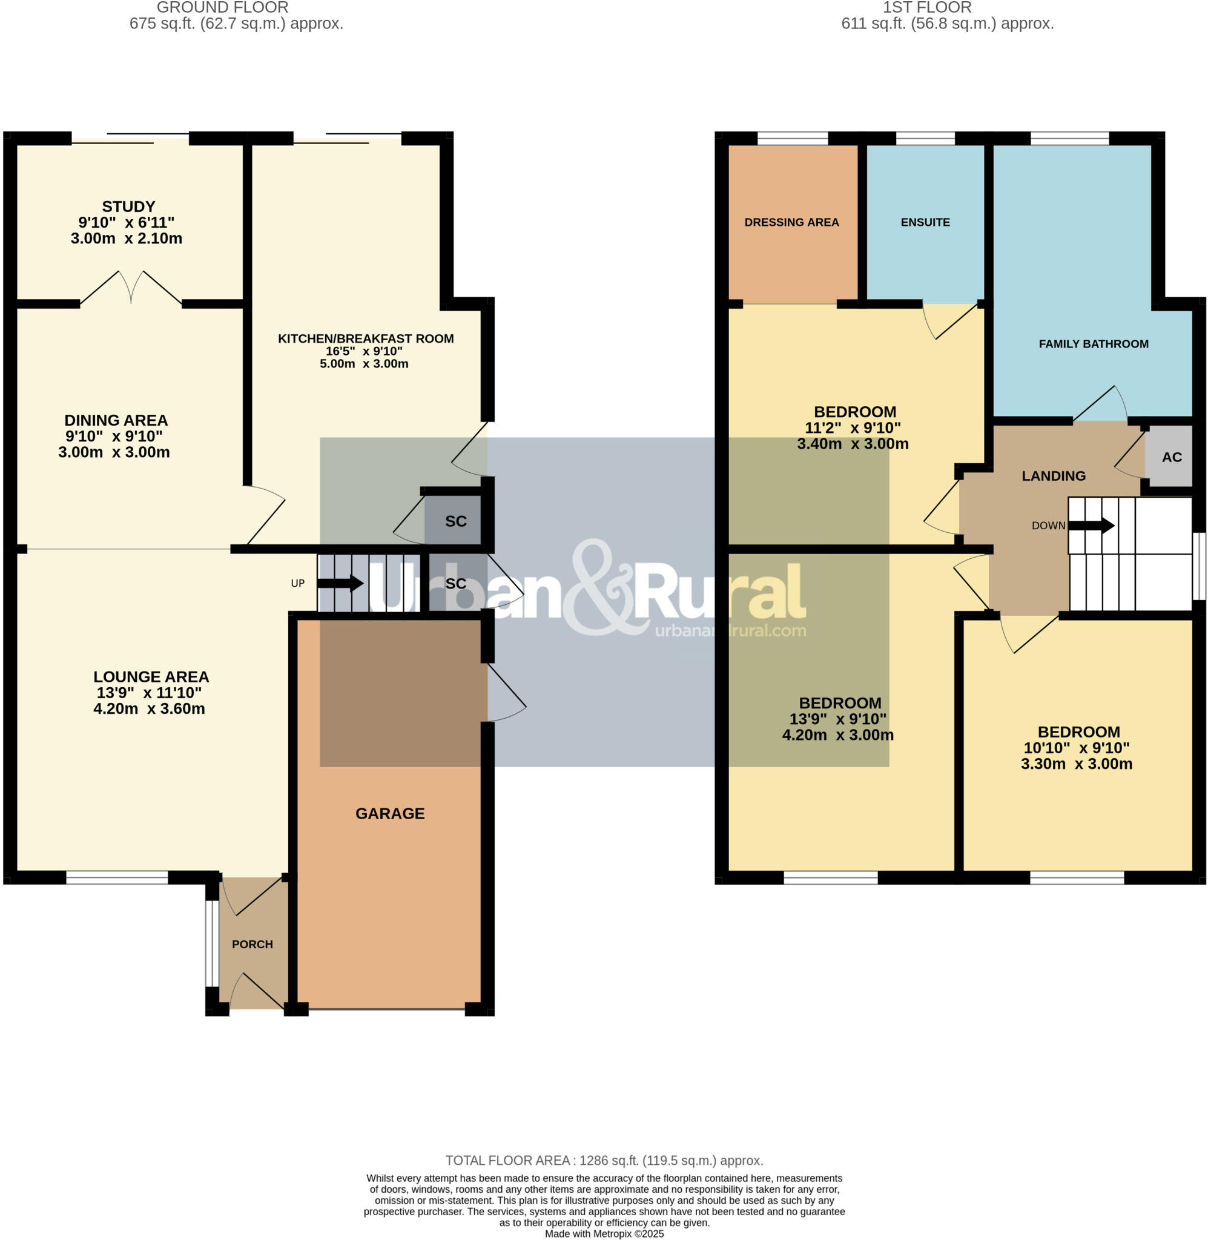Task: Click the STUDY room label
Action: [128, 207]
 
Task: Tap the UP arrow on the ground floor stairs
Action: [340, 583]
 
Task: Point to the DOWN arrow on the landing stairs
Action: [1091, 525]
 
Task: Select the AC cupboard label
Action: [1171, 457]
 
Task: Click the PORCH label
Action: [252, 945]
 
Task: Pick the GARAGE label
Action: [389, 813]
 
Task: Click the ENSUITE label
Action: [925, 222]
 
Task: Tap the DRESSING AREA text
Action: [791, 222]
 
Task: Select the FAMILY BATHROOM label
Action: [1093, 344]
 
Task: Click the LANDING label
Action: [1053, 476]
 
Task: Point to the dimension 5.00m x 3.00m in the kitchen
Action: [363, 364]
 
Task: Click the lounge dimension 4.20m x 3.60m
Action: [149, 709]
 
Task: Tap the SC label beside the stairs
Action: [455, 584]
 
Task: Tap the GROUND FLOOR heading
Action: [222, 8]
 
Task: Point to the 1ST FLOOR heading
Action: [927, 8]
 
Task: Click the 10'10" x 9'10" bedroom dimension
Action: [1076, 748]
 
